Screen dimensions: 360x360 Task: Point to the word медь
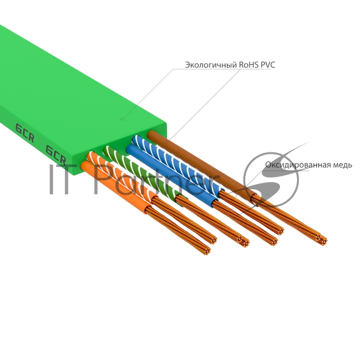tap(340, 165)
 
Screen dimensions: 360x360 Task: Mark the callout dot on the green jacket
tap(121, 119)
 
